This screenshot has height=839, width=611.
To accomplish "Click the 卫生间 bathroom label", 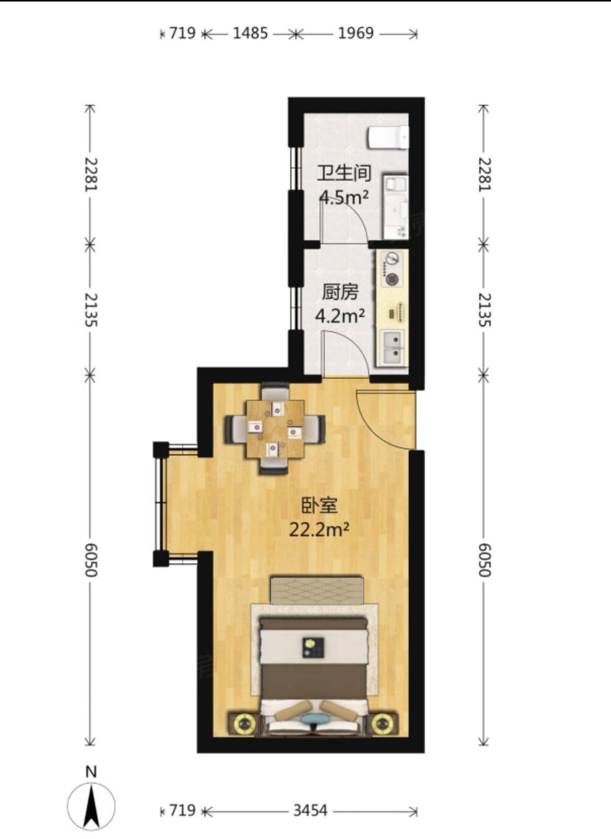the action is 344,173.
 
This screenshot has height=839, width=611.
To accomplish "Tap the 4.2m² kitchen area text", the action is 340,316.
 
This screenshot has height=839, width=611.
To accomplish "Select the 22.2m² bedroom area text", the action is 319,530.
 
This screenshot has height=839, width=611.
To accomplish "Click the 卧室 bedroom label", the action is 319,505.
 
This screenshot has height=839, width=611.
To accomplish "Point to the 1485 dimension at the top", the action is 251,34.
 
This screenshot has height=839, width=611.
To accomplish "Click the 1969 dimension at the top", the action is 356,34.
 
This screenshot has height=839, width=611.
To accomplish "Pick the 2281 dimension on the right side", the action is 484,175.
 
